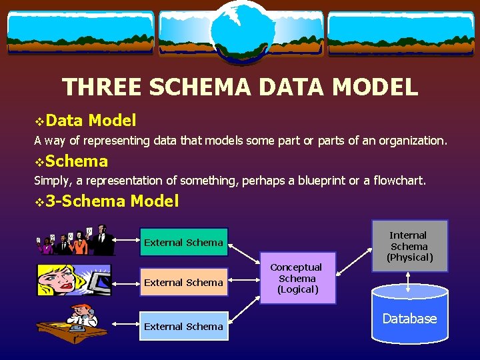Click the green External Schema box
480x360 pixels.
point(183,243)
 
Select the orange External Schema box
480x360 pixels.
point(183,283)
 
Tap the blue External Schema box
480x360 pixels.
point(183,327)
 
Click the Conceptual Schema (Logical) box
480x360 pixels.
point(297,278)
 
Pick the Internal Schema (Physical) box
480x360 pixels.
point(408,246)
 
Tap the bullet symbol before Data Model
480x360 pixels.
point(39,121)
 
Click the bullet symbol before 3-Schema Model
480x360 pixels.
point(39,201)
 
